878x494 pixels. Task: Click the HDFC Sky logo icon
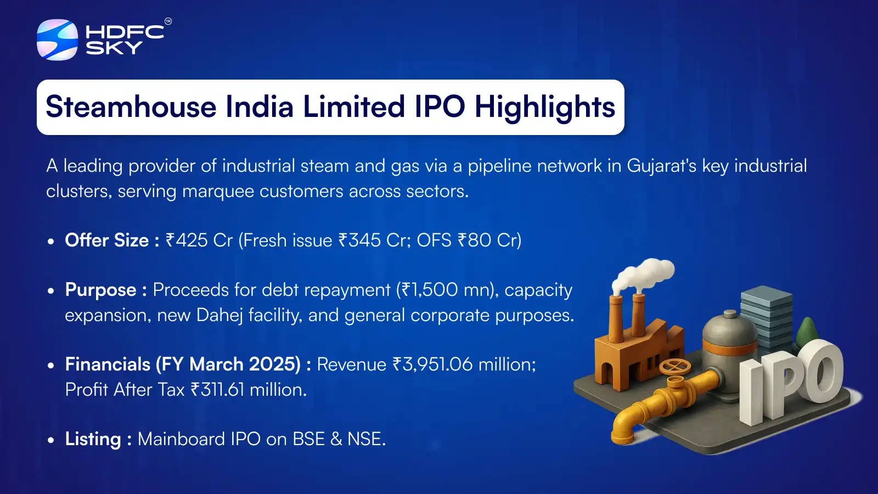[57, 40]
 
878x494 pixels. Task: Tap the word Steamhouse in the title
[131, 107]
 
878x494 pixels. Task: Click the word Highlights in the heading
[544, 107]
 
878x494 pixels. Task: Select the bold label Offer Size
[107, 240]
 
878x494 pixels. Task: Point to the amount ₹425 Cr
[199, 240]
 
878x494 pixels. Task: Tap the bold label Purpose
[100, 290]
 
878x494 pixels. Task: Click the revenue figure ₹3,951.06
[432, 364]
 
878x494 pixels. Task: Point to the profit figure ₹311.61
[217, 390]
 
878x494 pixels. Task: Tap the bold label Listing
[93, 439]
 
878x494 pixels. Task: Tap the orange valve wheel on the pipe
[675, 366]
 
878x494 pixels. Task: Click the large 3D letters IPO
[790, 379]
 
